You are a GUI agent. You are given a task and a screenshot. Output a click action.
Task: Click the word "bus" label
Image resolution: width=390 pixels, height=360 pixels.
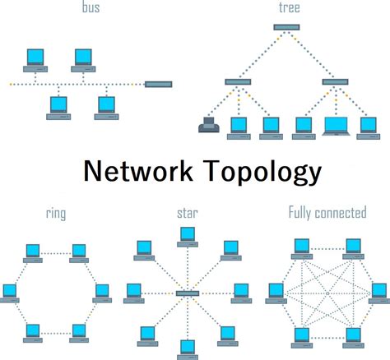tap(91, 9)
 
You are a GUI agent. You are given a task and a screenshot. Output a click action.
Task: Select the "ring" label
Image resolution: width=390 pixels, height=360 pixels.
tap(56, 214)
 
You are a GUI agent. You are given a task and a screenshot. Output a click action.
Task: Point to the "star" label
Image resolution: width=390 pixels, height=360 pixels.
tap(188, 214)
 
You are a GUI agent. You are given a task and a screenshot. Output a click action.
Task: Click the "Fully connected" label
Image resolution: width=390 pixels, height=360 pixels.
tap(327, 214)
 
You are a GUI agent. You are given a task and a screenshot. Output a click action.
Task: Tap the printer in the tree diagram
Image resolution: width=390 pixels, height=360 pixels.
tap(207, 127)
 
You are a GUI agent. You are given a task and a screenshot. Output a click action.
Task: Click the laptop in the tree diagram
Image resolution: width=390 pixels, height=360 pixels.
tap(339, 127)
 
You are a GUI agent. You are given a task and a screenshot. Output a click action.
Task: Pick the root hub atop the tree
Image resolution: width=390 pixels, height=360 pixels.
tap(286, 27)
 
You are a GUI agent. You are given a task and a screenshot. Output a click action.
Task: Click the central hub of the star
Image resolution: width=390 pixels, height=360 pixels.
tap(188, 293)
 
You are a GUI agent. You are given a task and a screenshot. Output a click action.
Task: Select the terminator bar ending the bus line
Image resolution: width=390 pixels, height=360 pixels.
tap(158, 84)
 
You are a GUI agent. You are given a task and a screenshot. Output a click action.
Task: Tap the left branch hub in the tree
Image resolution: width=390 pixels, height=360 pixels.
tap(239, 81)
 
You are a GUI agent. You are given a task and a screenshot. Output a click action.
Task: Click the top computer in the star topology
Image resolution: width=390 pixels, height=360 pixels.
tap(188, 237)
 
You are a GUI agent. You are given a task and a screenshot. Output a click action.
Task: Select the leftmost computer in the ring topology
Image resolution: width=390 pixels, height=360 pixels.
tap(10, 292)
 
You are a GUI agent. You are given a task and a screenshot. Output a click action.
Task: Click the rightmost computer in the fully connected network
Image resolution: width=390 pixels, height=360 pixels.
tap(379, 292)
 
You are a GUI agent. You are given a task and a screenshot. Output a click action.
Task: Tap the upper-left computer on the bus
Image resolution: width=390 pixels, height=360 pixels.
tap(35, 58)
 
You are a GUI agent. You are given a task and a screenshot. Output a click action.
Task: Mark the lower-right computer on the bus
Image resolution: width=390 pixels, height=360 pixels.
tap(104, 107)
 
